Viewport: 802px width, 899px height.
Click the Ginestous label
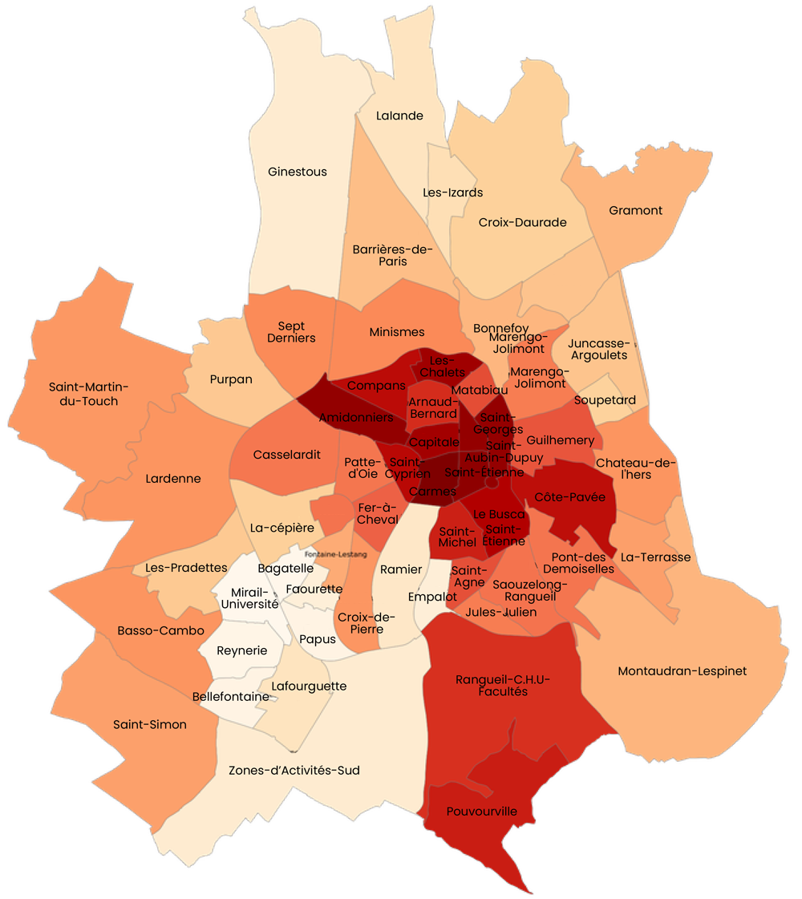(298, 172)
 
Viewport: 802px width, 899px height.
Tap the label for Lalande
(399, 115)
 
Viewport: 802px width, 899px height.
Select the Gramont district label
(636, 210)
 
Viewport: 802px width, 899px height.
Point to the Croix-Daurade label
(522, 222)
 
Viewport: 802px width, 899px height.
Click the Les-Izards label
(453, 192)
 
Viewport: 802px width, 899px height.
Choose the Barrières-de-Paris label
(392, 255)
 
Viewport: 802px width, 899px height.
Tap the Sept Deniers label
(297, 332)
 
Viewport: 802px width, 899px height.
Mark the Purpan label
(231, 379)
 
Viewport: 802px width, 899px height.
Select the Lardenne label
(173, 479)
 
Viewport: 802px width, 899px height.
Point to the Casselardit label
(287, 455)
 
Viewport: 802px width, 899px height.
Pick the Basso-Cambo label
(156, 630)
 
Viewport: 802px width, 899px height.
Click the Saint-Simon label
(150, 724)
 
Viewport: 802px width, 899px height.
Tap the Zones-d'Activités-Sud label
(294, 771)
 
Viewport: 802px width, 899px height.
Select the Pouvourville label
(483, 811)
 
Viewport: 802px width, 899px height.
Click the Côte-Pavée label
(570, 497)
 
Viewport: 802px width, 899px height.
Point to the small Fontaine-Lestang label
(330, 553)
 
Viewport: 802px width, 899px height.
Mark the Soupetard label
(605, 399)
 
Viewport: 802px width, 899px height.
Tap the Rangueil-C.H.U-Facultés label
(503, 685)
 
